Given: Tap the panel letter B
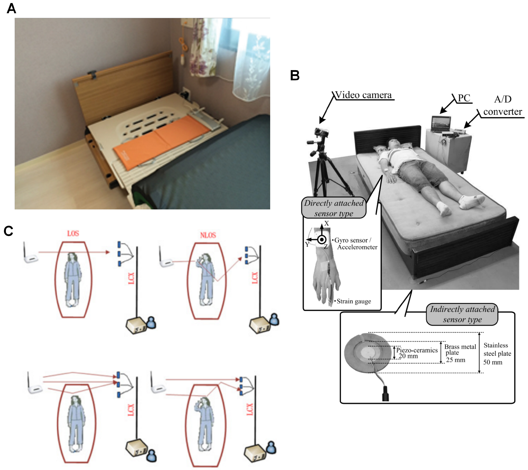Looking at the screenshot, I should pos(295,75).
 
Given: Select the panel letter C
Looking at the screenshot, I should pos(9,231).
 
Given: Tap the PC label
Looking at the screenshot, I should pos(464,98).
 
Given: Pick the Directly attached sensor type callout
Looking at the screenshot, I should pos(334,208).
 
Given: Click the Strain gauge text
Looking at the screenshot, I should pos(354,301).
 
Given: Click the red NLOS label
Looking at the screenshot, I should pos(208,235).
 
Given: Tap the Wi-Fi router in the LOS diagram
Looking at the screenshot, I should pos(31,257).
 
